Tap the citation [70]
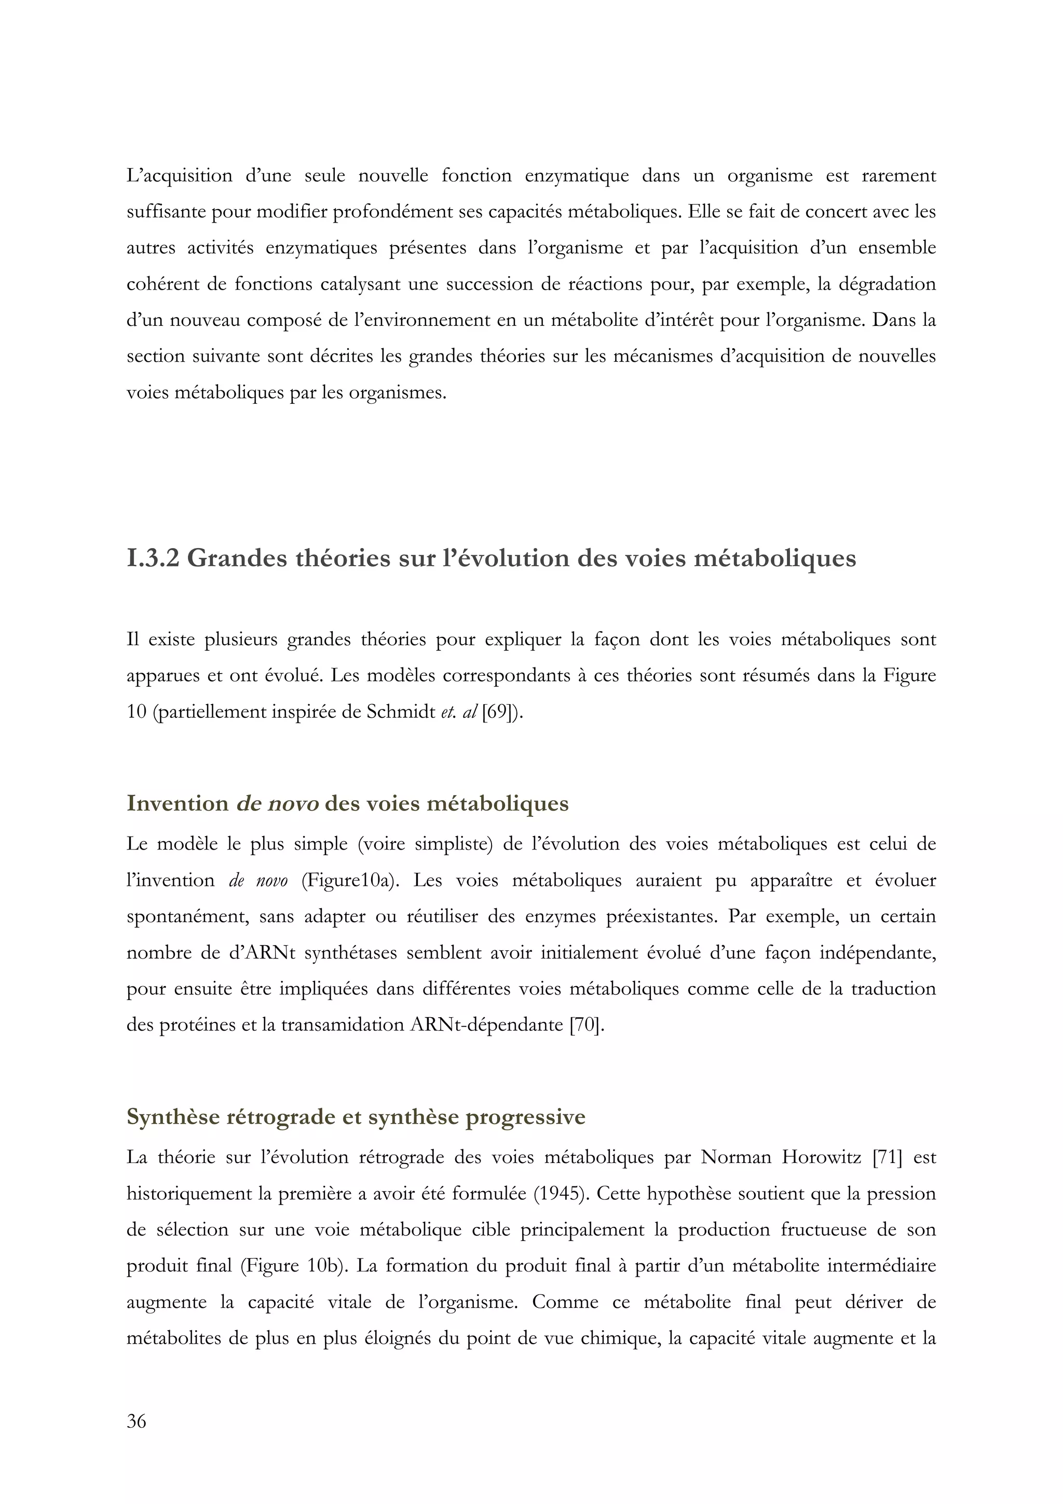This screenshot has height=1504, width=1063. pos(586,1024)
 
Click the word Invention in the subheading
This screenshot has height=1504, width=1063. pos(178,804)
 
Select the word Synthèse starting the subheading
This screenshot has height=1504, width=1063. pos(173,1117)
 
